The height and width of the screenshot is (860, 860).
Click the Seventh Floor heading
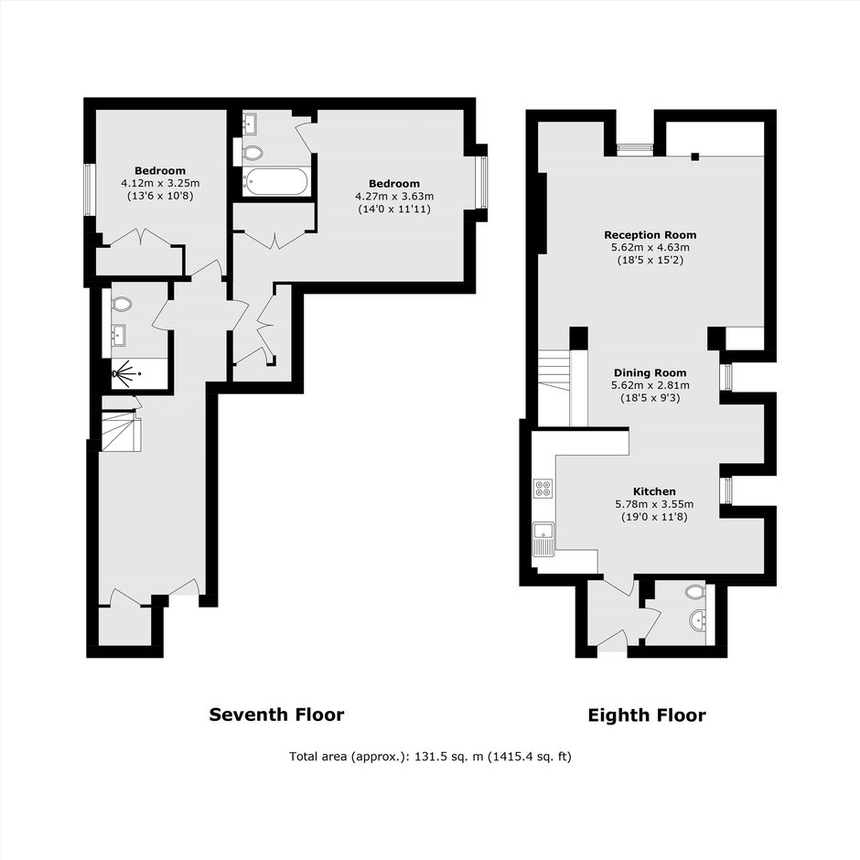point(276,715)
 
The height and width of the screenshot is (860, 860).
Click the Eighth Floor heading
point(647,715)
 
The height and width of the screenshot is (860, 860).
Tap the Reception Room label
point(650,235)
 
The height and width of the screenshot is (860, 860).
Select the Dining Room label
point(650,373)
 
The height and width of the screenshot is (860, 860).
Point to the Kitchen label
point(654,491)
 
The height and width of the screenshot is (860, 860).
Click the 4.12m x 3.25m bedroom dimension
point(160,183)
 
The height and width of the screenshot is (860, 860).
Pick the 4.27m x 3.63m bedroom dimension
point(394,196)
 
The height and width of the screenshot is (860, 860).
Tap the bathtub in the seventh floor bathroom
point(276,181)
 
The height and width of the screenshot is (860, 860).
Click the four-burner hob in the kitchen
point(543,489)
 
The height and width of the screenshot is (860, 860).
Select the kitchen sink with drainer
point(543,539)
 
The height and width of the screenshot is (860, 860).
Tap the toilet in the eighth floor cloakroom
point(695,592)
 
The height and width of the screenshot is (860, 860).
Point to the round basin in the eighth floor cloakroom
point(698,619)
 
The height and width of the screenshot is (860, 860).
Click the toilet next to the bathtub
point(253,153)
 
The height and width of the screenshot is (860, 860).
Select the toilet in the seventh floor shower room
point(122,304)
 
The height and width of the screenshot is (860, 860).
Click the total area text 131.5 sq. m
point(448,757)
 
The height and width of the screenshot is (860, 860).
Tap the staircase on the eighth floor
point(554,388)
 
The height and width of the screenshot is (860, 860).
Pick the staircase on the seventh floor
point(121,432)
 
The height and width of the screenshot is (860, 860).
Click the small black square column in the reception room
point(695,156)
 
